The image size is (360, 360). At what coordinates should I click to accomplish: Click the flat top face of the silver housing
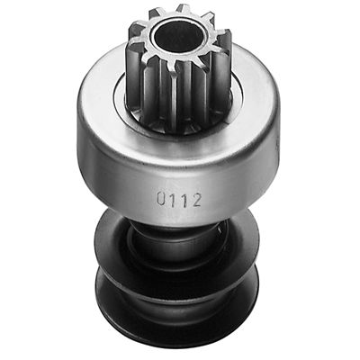(x=103, y=90)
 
